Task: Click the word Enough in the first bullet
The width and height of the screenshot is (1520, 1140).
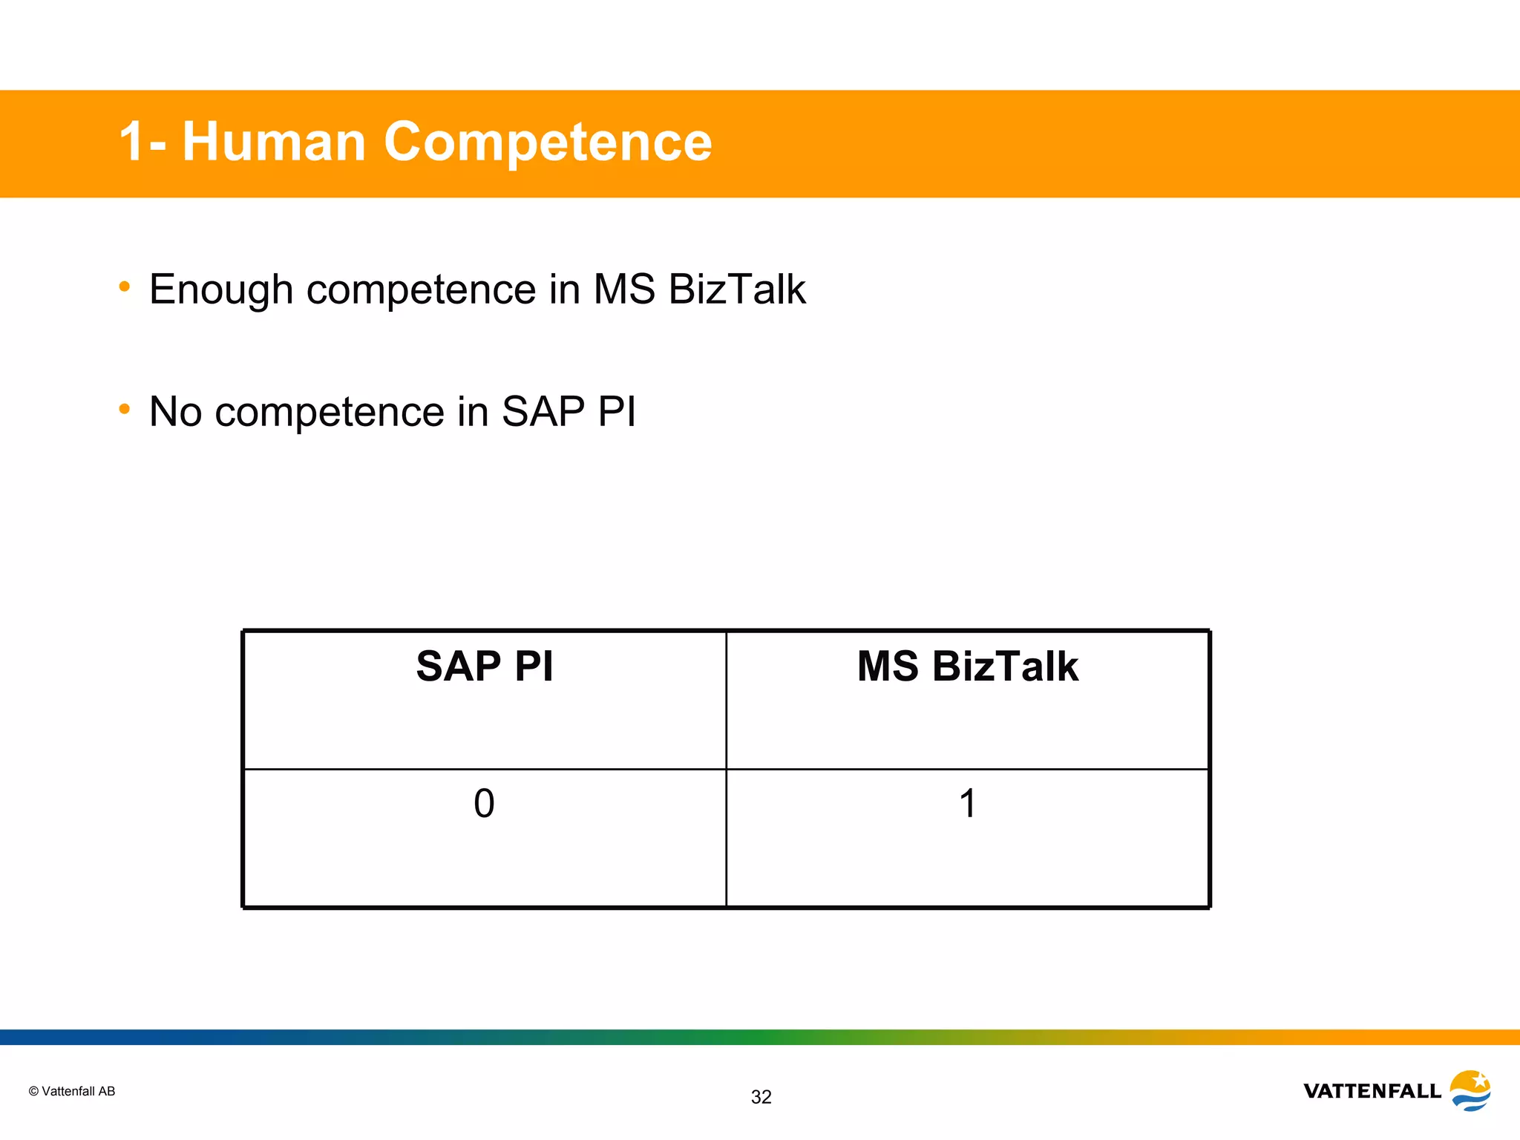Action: tap(221, 289)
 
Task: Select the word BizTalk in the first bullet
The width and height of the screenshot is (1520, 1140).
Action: tap(736, 289)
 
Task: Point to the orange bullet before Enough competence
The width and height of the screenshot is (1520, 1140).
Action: tap(125, 286)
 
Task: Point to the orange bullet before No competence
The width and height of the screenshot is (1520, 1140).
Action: tap(125, 409)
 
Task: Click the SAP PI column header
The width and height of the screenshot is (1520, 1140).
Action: tap(485, 666)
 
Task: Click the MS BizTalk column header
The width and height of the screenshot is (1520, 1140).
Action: tap(967, 666)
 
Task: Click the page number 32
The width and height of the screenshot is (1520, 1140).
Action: tap(761, 1097)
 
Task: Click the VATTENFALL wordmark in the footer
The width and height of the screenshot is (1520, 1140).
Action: tap(1372, 1091)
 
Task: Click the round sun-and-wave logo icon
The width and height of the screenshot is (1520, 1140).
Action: tap(1470, 1090)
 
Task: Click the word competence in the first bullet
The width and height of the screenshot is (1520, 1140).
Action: tap(421, 289)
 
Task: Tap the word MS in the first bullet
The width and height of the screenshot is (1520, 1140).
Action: tap(624, 289)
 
